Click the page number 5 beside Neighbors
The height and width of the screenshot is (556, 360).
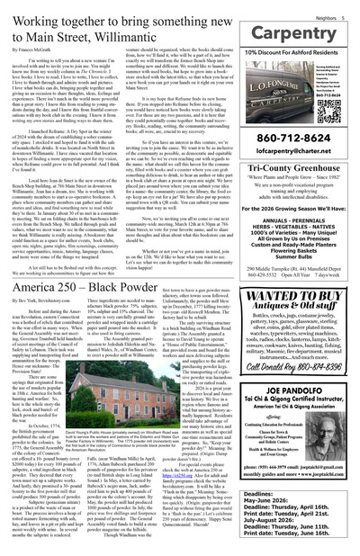pos(353,7)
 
